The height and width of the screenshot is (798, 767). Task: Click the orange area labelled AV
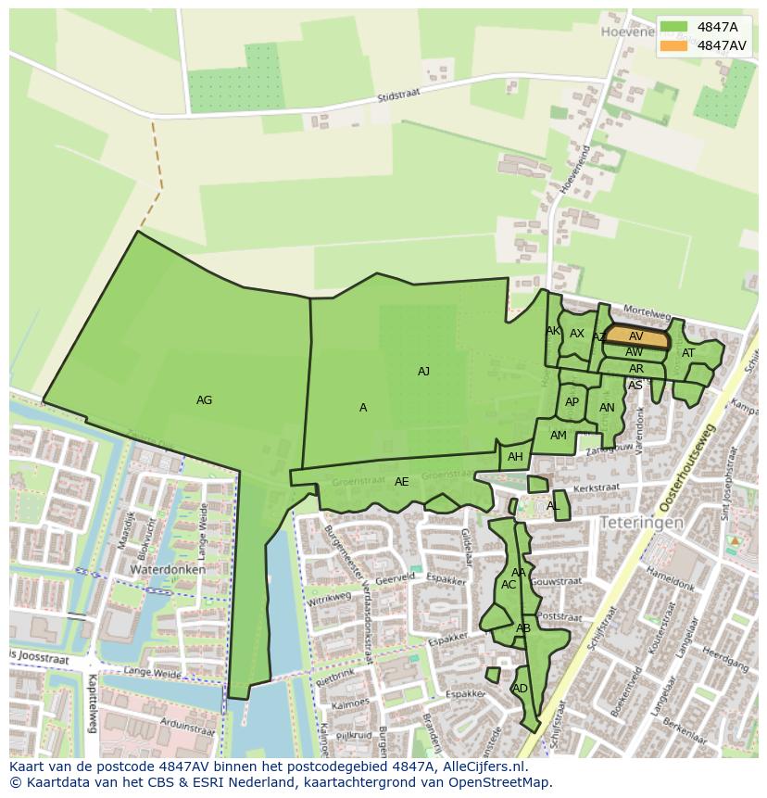point(636,337)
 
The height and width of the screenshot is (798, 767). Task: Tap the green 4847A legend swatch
point(673,26)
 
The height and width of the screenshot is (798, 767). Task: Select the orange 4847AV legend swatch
point(673,45)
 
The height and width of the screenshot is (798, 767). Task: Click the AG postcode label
point(205,400)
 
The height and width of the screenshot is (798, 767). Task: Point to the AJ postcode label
point(423,372)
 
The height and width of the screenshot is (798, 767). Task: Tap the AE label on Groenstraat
point(401,482)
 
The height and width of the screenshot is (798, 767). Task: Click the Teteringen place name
point(641,523)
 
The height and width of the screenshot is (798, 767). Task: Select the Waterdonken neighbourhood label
point(167,569)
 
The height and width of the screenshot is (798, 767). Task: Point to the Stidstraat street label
point(399,96)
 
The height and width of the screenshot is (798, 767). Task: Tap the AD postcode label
point(520,689)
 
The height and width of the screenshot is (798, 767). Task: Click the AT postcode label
point(688,353)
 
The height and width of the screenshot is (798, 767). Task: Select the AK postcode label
point(553,331)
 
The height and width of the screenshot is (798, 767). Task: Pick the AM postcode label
point(558,436)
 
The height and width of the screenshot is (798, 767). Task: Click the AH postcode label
point(515,457)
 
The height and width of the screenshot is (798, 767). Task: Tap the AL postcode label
point(553,506)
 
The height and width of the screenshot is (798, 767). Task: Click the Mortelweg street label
point(647,314)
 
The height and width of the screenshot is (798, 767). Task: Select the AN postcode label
point(607,408)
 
